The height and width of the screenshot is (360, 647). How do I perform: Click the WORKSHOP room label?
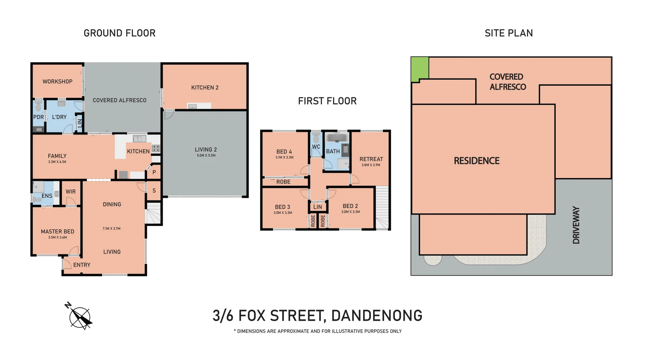point(57,82)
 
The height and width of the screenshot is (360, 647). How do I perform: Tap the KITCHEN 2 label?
point(205,88)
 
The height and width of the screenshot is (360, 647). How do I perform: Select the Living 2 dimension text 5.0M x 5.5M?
point(206,155)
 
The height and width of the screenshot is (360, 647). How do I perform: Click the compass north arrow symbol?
point(79,316)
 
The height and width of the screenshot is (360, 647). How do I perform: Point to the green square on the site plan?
point(420,69)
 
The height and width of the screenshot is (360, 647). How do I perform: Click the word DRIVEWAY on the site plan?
point(576,225)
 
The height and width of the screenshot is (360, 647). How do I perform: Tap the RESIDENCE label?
point(476,161)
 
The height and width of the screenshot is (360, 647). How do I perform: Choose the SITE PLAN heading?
point(509,33)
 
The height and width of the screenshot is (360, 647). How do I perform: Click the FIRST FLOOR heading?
point(327,101)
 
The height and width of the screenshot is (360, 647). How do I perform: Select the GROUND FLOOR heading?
point(120,33)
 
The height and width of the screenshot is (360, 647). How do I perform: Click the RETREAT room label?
point(371,159)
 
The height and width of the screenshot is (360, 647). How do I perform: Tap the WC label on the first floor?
point(316,147)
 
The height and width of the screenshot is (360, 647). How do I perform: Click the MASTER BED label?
point(58,232)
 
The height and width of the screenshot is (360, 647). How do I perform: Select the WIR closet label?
point(70,191)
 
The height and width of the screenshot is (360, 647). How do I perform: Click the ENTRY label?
point(82,265)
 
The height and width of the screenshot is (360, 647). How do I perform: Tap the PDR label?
point(38,117)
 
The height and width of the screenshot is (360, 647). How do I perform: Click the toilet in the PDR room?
point(38,105)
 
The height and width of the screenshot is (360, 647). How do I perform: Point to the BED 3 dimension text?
point(283,213)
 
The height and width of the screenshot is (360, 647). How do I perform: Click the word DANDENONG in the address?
point(377,316)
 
